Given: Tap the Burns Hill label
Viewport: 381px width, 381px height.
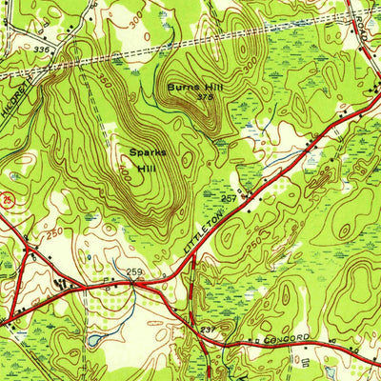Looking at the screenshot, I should (x=187, y=87).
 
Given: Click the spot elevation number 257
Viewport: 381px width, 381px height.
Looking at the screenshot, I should (x=230, y=194).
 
